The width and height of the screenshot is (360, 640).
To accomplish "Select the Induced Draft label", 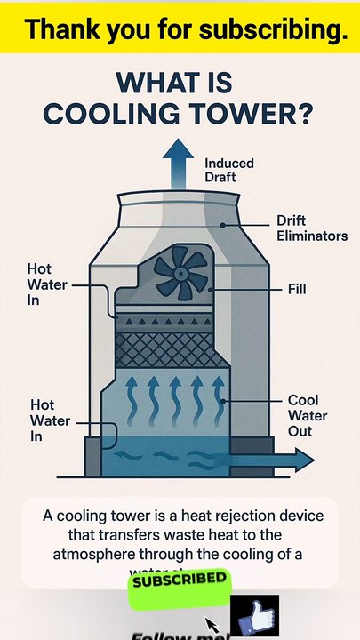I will [x=228, y=171].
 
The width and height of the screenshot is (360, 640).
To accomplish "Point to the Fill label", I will [x=297, y=289].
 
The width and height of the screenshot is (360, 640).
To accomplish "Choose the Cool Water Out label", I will [x=307, y=416].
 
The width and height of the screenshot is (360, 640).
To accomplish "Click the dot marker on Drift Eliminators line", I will [x=223, y=226].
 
